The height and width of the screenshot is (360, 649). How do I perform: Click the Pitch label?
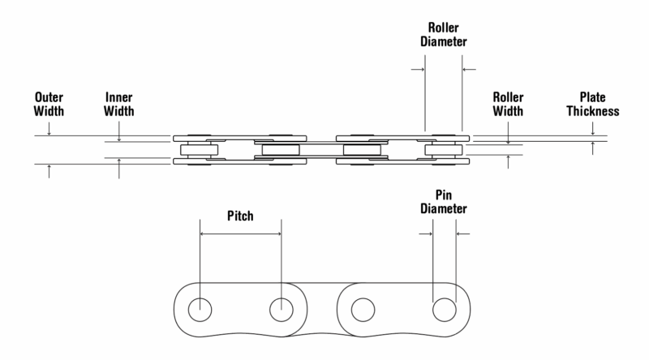point(240,217)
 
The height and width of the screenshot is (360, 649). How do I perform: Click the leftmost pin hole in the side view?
point(200,309)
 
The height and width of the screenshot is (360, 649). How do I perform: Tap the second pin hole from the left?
point(281,309)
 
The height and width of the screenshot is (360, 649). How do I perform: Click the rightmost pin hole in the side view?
point(444,309)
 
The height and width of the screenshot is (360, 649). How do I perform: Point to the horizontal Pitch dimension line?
point(240,234)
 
